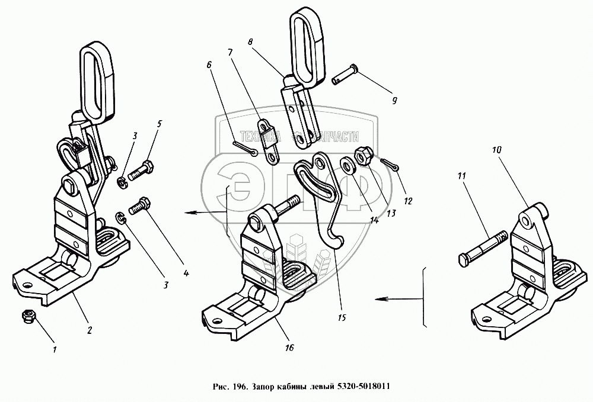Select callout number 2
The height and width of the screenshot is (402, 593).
tap(90, 330)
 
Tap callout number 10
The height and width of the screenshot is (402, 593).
tap(496, 152)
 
